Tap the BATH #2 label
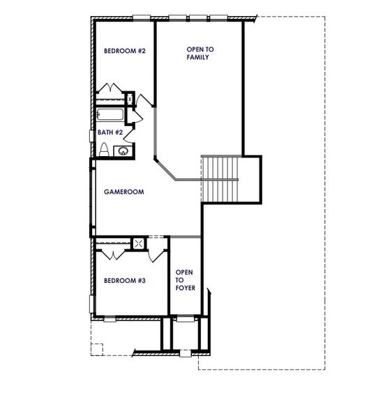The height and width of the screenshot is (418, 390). (x=110, y=132)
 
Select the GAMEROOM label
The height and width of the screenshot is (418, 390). (x=123, y=192)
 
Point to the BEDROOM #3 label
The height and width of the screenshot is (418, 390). (x=124, y=281)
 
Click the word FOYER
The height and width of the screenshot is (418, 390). (x=185, y=287)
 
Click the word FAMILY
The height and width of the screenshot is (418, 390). (x=198, y=57)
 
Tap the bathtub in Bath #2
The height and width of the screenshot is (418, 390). (x=112, y=114)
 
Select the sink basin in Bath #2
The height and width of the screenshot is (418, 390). (x=123, y=150)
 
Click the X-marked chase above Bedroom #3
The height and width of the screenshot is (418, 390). (x=139, y=243)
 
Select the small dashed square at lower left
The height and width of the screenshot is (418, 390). (x=97, y=348)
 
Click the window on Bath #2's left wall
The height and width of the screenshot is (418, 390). (x=91, y=134)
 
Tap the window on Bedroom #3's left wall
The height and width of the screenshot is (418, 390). (x=91, y=304)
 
